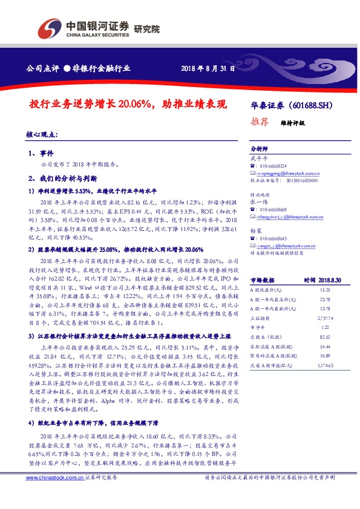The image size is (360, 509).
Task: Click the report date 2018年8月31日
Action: tap(208, 68)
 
